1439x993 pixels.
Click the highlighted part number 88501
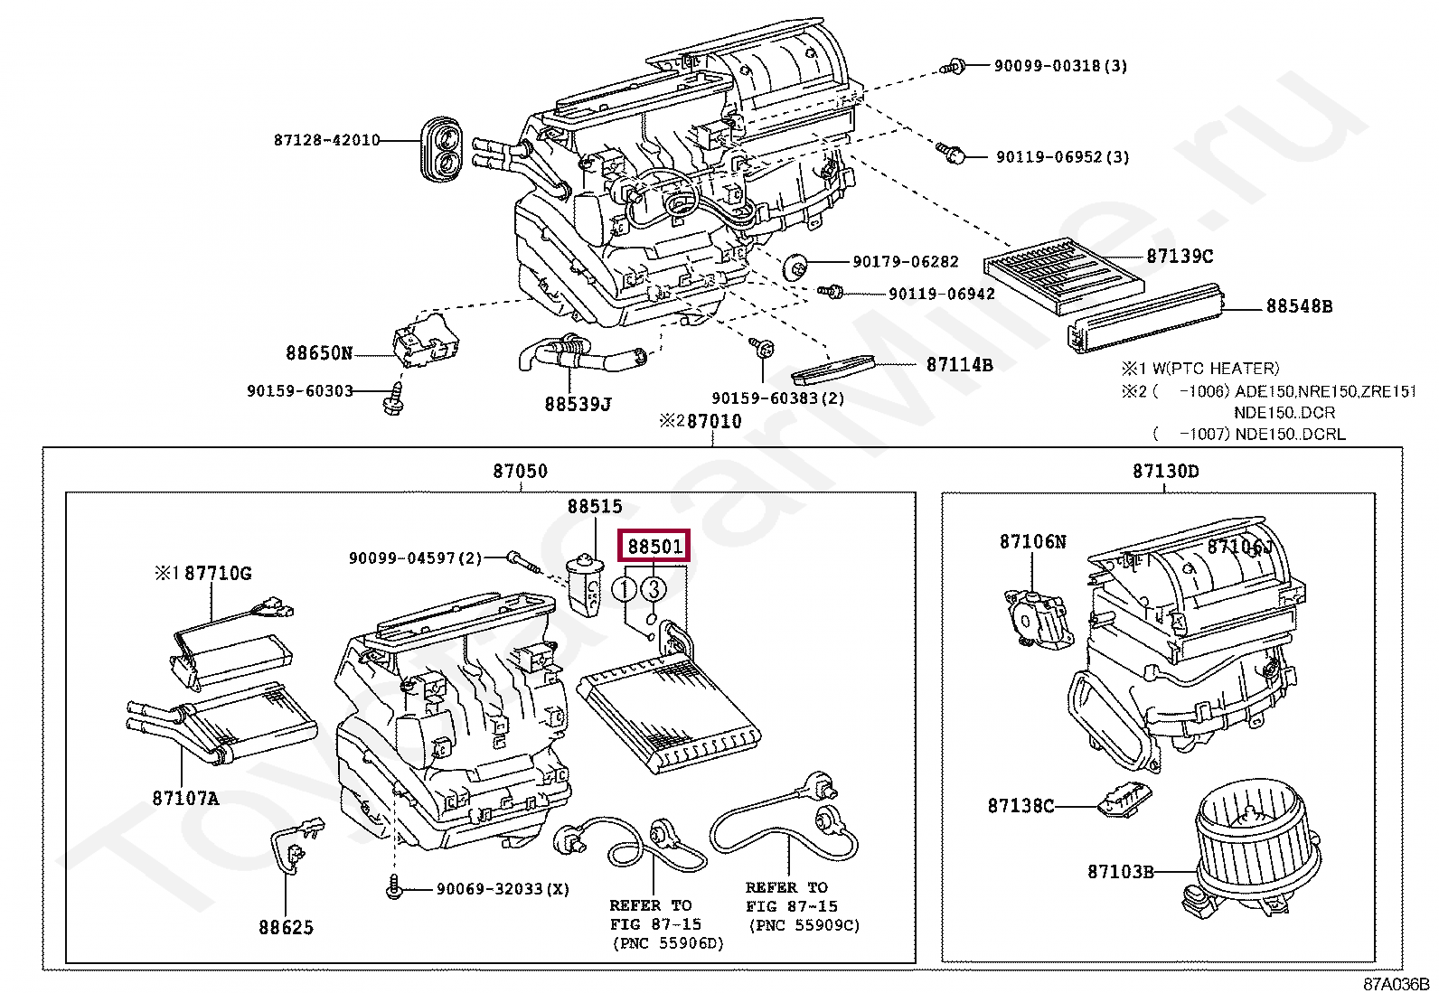click(x=654, y=547)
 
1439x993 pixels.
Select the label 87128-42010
click(x=326, y=140)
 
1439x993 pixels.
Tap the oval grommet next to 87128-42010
click(x=443, y=151)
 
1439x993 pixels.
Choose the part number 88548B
click(x=1299, y=306)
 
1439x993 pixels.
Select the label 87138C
click(x=1020, y=806)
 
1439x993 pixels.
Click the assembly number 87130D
click(x=1165, y=471)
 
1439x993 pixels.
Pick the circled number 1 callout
click(x=625, y=590)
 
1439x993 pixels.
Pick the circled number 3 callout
click(x=654, y=590)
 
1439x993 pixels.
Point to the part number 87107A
click(x=185, y=799)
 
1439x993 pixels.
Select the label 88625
click(x=286, y=928)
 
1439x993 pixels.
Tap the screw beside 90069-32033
click(x=394, y=889)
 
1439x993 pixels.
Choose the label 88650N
click(x=319, y=353)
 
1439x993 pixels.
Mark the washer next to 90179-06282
click(x=795, y=266)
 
